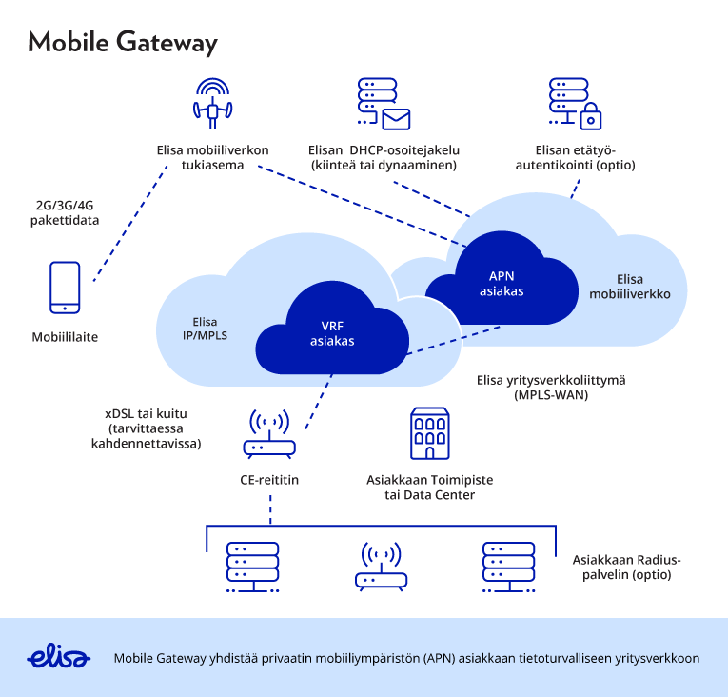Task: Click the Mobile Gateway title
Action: coord(123,43)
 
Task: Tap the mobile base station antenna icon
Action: coord(213,102)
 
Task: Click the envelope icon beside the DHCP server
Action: coord(395,119)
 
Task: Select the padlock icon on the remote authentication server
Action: coord(591,117)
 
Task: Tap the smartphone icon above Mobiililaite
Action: coord(65,288)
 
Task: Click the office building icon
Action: coord(429,435)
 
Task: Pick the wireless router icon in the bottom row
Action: coord(380,568)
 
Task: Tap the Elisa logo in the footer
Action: coord(59,658)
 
